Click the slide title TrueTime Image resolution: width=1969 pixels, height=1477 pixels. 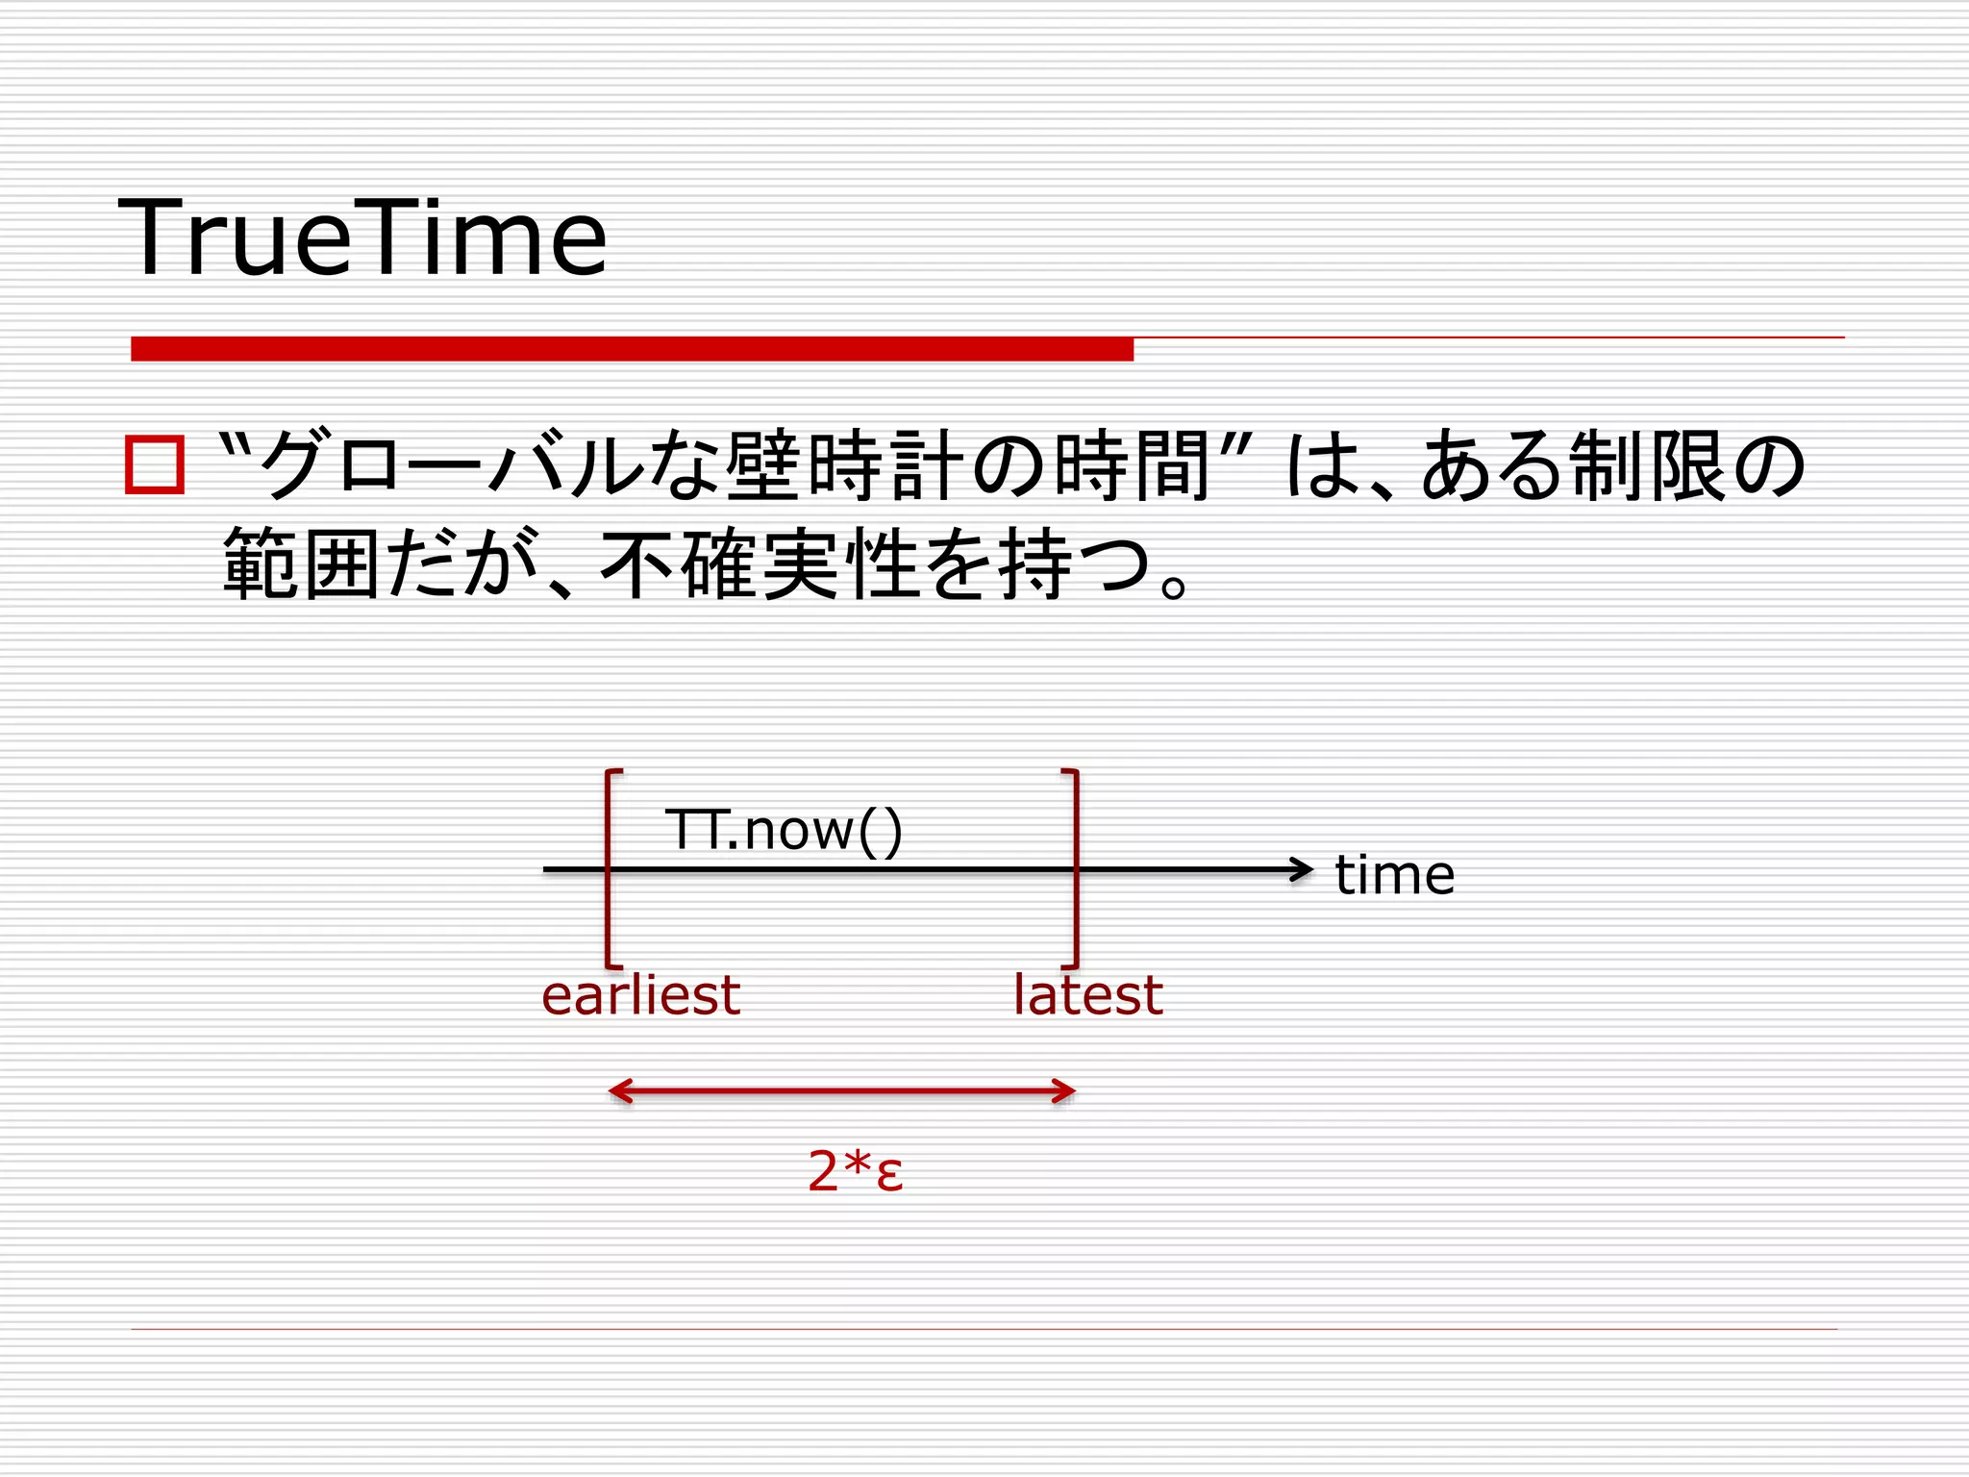click(361, 238)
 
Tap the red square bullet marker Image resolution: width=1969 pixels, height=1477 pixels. click(154, 465)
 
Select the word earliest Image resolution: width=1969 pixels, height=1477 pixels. click(640, 995)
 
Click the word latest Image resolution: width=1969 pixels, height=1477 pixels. click(1087, 995)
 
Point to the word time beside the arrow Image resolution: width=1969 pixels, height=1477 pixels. click(1394, 875)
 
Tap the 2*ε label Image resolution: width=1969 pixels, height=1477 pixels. click(855, 1171)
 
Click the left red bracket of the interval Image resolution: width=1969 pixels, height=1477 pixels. click(609, 868)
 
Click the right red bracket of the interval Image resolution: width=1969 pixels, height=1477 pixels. click(1076, 868)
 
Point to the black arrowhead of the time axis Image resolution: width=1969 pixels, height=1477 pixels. click(1303, 869)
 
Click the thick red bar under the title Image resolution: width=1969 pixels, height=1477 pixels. click(632, 349)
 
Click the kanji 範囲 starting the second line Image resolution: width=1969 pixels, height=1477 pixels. click(300, 565)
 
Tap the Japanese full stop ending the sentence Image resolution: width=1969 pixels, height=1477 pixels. click(1174, 585)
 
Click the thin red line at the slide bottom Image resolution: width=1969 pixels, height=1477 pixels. click(984, 1329)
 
